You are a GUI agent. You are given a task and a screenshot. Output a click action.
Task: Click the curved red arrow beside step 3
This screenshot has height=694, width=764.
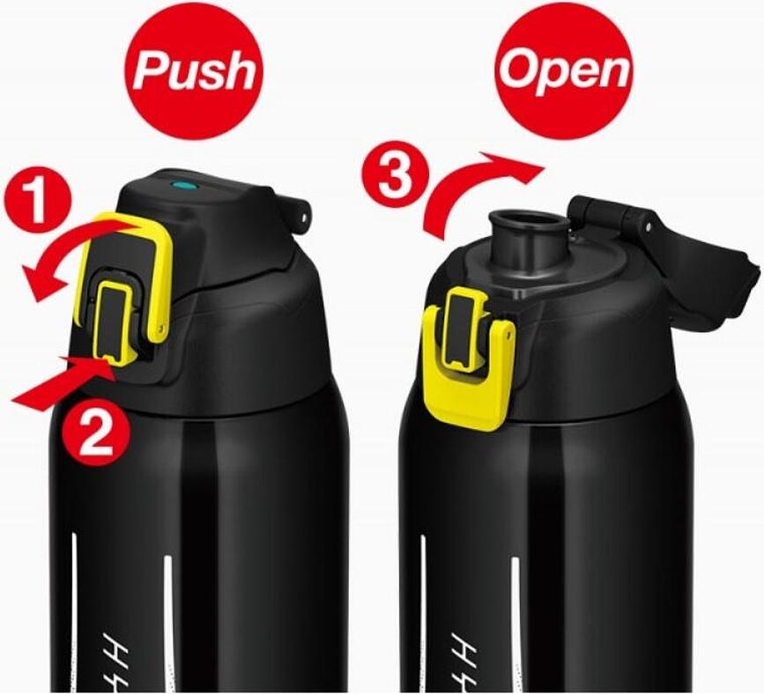(476, 189)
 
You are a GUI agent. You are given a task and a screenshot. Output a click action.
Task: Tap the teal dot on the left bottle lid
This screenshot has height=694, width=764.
(186, 188)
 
